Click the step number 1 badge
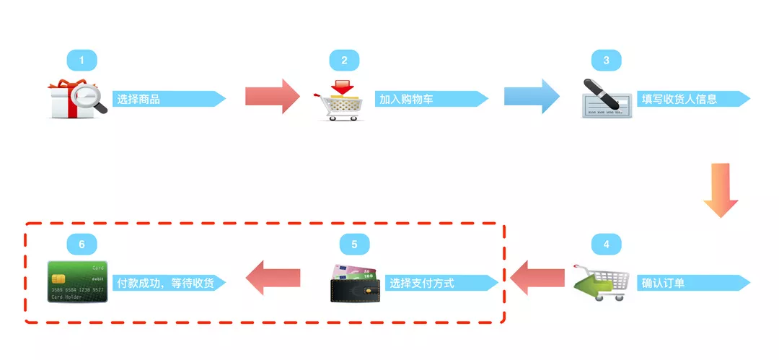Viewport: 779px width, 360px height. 82,61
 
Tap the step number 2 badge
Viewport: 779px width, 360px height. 344,61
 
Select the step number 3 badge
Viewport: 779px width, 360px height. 606,61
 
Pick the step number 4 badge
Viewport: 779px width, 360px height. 606,245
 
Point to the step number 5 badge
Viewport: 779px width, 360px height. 354,245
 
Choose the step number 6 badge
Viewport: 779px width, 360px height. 82,245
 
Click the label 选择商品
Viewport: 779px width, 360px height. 138,99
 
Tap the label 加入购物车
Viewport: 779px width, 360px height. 406,99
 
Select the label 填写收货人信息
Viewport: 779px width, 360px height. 679,99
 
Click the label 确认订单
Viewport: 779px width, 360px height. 663,283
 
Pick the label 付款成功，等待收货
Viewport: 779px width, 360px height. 165,283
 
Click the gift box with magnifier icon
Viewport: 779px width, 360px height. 78,100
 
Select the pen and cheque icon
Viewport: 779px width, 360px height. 606,99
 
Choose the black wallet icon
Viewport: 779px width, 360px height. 355,284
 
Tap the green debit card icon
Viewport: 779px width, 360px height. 77,281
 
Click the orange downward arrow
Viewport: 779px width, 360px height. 721,190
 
